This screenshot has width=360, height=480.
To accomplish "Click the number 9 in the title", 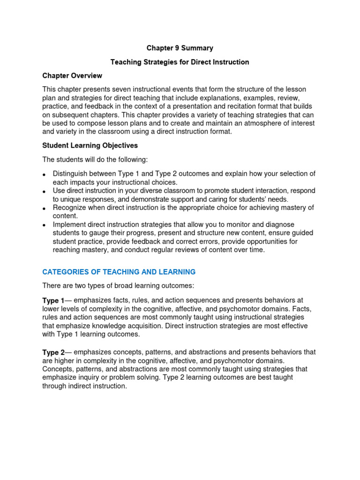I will [x=177, y=48].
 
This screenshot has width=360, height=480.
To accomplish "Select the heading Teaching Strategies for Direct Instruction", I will [x=180, y=62].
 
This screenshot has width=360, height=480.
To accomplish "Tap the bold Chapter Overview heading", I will [x=72, y=75].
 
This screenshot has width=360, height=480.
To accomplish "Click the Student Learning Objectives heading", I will [x=90, y=145].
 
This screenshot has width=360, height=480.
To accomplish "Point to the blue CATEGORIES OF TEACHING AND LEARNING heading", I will [x=119, y=272].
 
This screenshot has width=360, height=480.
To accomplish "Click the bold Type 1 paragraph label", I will [x=53, y=301].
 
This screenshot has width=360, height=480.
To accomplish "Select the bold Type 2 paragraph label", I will [x=53, y=352].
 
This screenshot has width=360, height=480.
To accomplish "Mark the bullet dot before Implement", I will [x=44, y=225].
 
